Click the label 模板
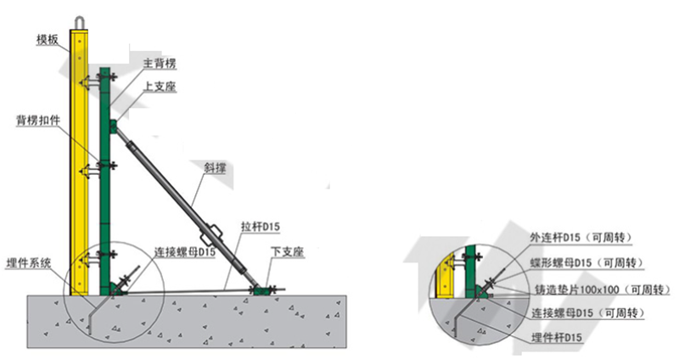point(48,40)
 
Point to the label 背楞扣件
point(38,120)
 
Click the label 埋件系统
point(30,262)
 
